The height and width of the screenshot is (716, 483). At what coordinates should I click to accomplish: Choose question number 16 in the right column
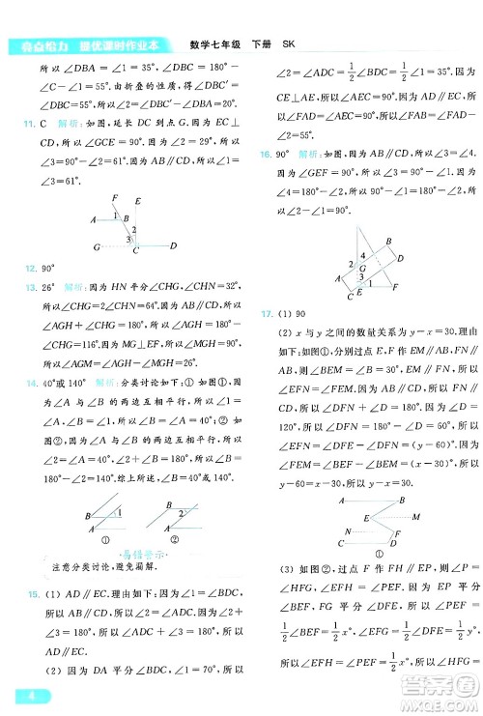264,153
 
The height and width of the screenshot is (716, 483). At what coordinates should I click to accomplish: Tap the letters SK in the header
288,43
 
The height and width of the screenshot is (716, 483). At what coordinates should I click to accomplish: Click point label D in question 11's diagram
172,246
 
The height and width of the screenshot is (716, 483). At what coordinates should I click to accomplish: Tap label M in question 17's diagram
414,517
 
